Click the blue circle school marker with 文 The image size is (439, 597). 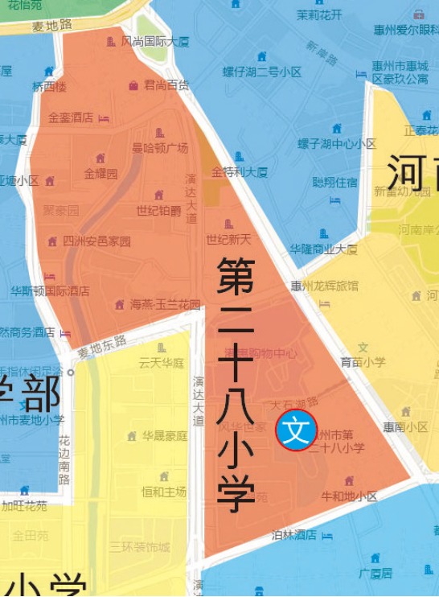point(297,430)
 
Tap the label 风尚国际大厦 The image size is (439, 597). point(155,41)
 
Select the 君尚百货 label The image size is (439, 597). point(166,84)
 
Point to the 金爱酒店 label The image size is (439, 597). point(71,117)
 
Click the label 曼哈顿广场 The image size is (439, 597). point(160,148)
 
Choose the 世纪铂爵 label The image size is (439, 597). point(158,211)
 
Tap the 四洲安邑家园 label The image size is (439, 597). point(96,241)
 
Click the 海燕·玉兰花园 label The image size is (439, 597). point(165,305)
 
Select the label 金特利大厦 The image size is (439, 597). point(240,172)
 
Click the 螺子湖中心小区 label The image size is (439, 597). point(337,144)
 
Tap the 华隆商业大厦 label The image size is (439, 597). point(323,249)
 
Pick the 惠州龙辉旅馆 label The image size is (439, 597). point(324,286)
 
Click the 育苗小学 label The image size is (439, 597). point(363,362)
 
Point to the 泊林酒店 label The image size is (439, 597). point(294,535)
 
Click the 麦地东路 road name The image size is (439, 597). point(102,347)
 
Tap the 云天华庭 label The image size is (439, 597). point(162,363)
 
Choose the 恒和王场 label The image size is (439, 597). point(164,491)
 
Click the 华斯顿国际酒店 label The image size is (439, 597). point(50,290)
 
